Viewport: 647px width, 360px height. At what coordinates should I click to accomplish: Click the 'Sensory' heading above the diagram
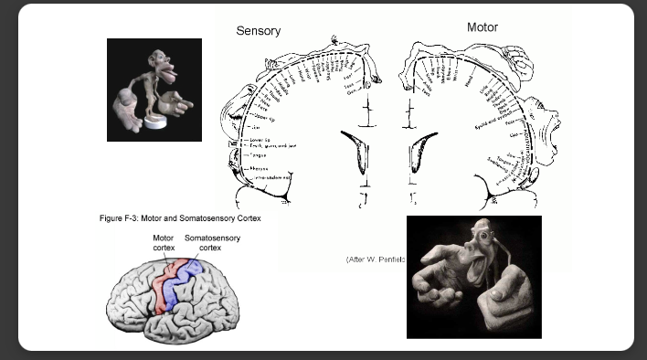point(258,31)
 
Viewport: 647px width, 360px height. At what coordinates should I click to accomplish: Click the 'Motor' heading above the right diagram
point(483,27)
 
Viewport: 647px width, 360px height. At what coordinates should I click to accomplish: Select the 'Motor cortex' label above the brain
point(164,242)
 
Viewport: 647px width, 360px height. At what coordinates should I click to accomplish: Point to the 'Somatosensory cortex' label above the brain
point(209,242)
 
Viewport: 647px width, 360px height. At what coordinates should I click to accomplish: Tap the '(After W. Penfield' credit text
point(375,259)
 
